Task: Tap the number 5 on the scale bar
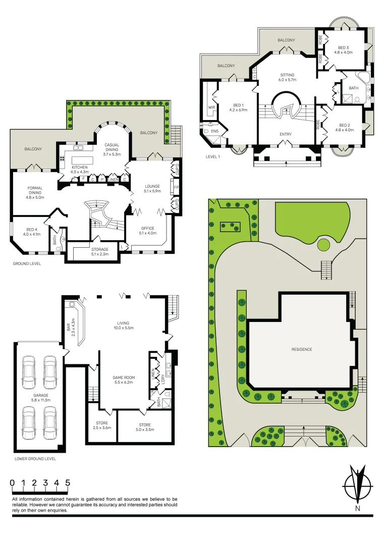click(x=67, y=483)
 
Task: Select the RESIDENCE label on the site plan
click(x=301, y=349)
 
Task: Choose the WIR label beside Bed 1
click(x=211, y=106)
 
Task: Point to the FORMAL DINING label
click(x=35, y=191)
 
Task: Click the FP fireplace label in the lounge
click(x=176, y=187)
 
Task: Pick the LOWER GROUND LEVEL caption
click(x=35, y=459)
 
